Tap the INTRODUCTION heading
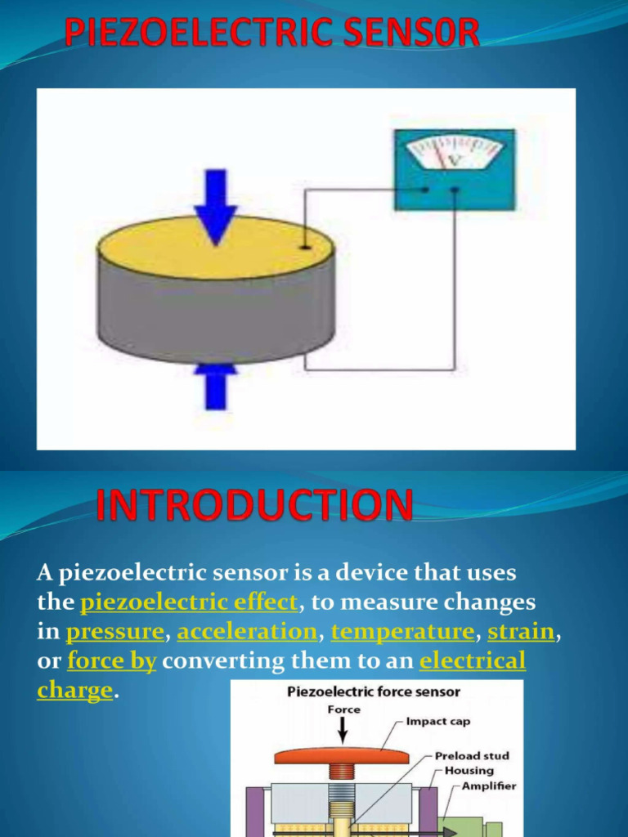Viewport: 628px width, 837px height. pos(254,506)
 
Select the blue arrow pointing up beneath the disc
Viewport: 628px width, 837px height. pos(216,387)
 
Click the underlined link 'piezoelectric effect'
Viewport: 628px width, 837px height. pos(189,602)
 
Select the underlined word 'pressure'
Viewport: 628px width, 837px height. pos(115,632)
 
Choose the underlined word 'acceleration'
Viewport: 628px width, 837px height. pos(247,632)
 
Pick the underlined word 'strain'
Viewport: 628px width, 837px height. pos(521,632)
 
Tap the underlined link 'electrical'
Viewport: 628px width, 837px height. pos(473,660)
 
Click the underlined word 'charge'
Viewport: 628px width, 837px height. pos(74,690)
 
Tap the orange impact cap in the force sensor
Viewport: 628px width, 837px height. pos(341,755)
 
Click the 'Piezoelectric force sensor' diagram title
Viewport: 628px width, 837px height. pos(374,692)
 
